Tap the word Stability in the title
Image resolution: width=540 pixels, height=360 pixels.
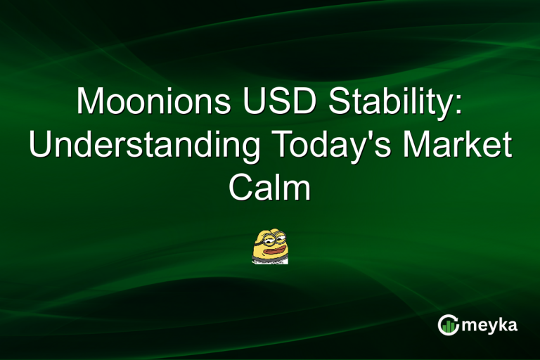[x=393, y=103]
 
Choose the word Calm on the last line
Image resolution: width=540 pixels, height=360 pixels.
[x=270, y=188]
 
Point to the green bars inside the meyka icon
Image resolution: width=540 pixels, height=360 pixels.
[x=449, y=326]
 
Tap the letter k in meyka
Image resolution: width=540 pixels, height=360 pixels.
[x=502, y=324]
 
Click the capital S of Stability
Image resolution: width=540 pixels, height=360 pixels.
[x=340, y=102]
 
